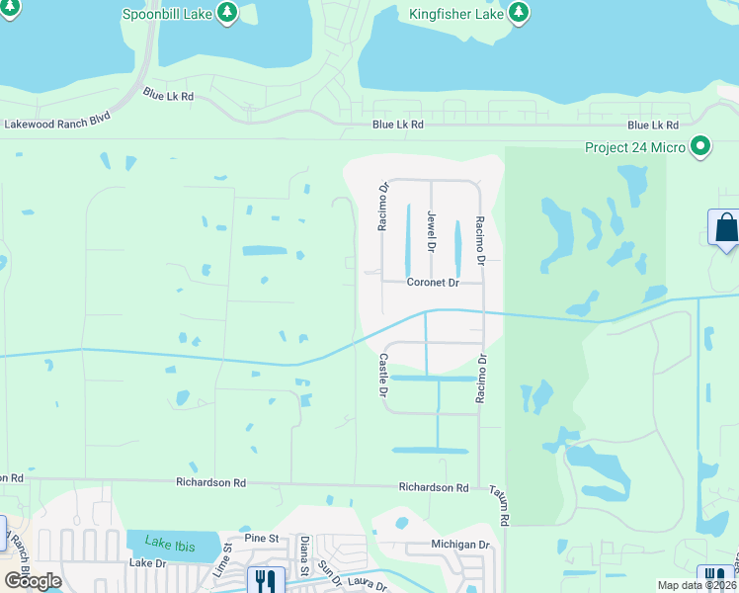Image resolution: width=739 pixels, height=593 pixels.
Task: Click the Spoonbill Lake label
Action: [x=166, y=14]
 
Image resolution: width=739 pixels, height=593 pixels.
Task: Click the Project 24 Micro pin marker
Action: [x=701, y=147]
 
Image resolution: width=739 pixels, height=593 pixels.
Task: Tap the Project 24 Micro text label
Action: [x=634, y=148]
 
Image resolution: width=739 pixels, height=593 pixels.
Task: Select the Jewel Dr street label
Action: [x=432, y=230]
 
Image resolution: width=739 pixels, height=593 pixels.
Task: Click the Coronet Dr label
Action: [x=434, y=283]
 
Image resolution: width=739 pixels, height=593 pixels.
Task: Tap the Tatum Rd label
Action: [x=503, y=506]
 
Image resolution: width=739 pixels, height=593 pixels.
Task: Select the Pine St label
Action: [x=264, y=538]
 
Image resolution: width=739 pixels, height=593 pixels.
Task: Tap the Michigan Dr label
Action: [x=460, y=545]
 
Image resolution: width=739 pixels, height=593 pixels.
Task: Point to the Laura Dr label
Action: [x=368, y=586]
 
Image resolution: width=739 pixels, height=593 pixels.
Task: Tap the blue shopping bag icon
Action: [x=726, y=228]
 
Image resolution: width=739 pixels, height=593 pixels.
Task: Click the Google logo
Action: [x=33, y=580]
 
